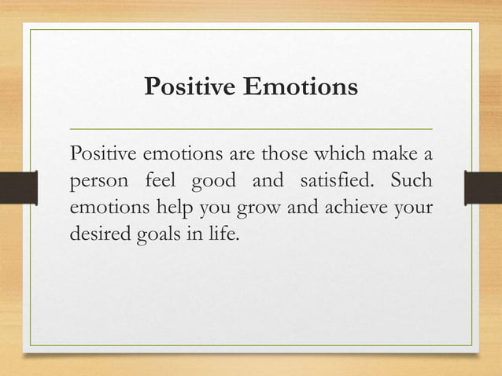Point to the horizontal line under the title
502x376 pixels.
click(251, 127)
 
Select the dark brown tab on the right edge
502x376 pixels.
click(484, 187)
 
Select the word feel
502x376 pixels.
click(161, 180)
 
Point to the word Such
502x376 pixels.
click(411, 180)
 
